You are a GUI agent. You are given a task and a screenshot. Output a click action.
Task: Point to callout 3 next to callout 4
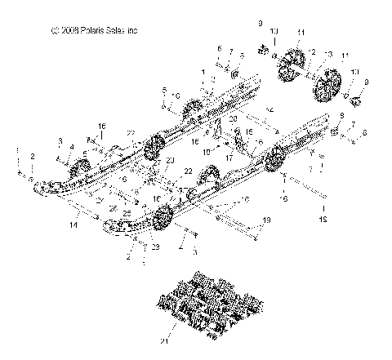60,142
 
